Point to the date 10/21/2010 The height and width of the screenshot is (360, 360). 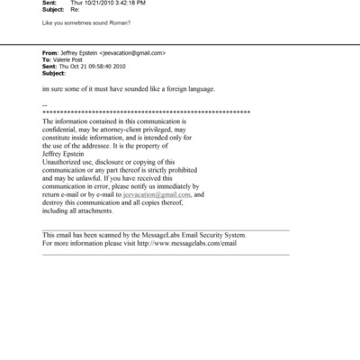(97, 4)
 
